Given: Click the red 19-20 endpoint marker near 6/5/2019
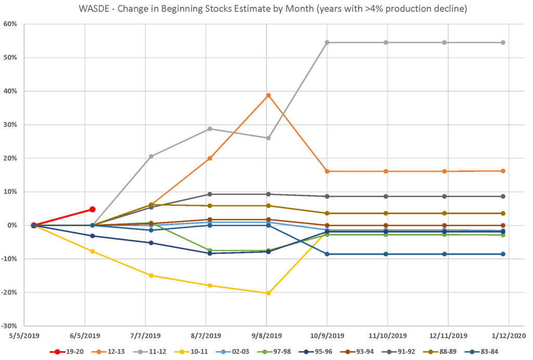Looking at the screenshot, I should pos(93,209).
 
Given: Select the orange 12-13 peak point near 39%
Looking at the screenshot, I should pos(268,95).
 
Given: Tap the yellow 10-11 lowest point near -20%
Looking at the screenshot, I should pos(268,293).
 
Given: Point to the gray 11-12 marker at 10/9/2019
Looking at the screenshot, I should pos(327,42).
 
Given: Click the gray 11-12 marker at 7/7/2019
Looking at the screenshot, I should pos(151,156).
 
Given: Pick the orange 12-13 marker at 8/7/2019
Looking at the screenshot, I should pos(210,158).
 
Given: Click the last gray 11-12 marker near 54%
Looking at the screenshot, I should pos(503,42).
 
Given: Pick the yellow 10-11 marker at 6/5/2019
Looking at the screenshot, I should pos(93,251).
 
